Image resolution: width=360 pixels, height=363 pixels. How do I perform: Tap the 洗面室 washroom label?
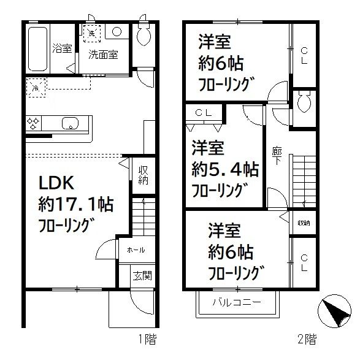(102, 54)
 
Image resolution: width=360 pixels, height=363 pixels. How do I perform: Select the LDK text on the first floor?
(57, 183)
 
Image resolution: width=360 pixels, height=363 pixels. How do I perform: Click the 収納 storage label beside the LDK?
(143, 175)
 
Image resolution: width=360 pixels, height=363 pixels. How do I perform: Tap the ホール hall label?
(136, 250)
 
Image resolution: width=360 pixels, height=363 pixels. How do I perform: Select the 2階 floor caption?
(307, 338)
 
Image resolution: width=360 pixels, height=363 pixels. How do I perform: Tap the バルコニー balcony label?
(237, 302)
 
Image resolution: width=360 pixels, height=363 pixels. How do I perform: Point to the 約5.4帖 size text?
(224, 168)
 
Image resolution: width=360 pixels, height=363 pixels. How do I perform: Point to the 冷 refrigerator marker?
(35, 88)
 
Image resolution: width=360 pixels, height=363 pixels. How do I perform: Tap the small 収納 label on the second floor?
(303, 223)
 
